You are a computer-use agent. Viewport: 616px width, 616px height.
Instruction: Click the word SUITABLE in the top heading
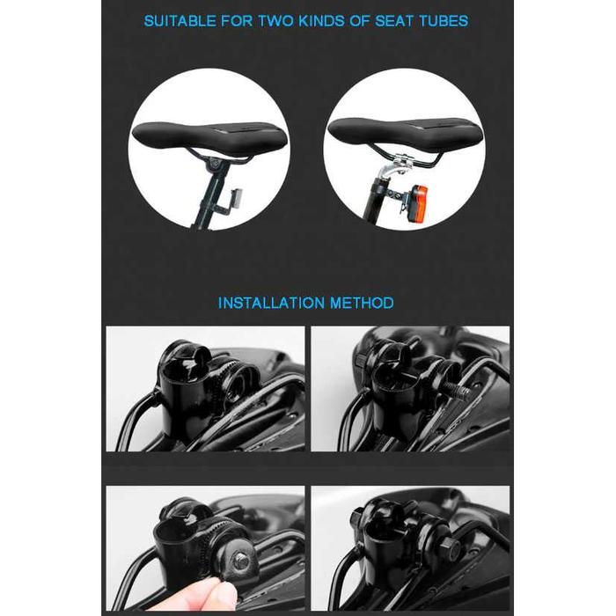(x=180, y=21)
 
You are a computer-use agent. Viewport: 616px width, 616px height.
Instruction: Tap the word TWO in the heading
(x=276, y=21)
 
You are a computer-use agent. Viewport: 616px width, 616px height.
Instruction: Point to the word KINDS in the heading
(x=322, y=21)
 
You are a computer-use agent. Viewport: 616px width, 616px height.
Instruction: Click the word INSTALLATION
(x=271, y=303)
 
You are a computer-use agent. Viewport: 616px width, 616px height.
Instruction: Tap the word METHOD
(x=362, y=303)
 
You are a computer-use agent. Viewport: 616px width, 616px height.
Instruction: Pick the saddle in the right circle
(x=405, y=135)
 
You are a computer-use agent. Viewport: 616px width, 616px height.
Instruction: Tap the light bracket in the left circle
(x=229, y=202)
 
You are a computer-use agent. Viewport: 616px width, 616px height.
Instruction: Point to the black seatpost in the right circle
(x=376, y=202)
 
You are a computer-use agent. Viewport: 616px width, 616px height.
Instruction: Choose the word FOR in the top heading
(x=237, y=21)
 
